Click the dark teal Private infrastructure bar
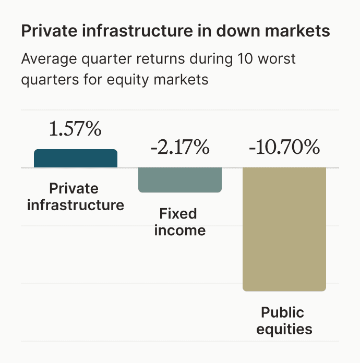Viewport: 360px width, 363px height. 76,159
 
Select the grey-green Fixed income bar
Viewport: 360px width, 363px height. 180,180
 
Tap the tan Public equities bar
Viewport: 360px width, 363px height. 284,229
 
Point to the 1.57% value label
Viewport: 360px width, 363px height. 75,129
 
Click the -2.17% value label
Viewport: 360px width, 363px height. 180,148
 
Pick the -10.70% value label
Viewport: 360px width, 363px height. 284,148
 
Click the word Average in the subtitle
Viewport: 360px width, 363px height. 44,58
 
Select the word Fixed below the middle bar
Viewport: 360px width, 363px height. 178,214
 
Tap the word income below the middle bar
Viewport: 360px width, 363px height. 180,230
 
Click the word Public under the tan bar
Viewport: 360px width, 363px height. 282,313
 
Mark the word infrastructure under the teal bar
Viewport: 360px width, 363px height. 76,204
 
